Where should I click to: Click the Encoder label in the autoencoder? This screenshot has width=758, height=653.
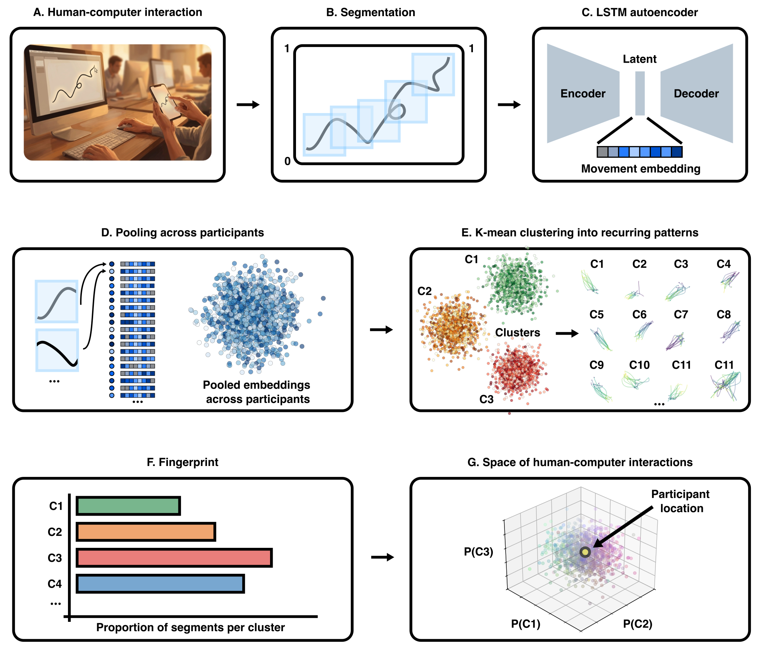(x=583, y=94)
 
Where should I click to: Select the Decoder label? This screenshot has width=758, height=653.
(x=696, y=94)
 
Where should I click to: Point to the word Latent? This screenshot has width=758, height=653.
(x=639, y=59)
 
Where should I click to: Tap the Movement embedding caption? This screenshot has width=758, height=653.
(x=640, y=169)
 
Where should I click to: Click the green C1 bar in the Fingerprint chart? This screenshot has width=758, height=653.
(x=128, y=506)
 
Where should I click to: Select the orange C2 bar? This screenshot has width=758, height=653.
(x=146, y=532)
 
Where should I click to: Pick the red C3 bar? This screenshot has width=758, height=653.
(x=174, y=558)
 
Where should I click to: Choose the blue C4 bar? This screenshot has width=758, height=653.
(x=160, y=584)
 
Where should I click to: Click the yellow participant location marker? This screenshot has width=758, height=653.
(x=585, y=552)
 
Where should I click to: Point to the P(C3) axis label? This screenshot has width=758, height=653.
(x=478, y=552)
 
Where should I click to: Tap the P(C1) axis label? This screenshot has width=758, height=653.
(x=525, y=624)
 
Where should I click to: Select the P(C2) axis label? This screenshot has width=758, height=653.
(x=637, y=624)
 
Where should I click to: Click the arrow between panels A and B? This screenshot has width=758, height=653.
(x=248, y=104)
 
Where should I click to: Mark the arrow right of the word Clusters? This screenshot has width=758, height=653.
(x=567, y=333)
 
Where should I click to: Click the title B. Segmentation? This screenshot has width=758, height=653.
(x=370, y=12)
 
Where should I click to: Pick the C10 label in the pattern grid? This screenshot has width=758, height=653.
(x=639, y=365)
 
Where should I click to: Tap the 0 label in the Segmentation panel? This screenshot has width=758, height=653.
(x=287, y=161)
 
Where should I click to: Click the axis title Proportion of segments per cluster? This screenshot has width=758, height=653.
(x=190, y=627)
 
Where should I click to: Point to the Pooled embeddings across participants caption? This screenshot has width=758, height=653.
(x=257, y=392)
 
